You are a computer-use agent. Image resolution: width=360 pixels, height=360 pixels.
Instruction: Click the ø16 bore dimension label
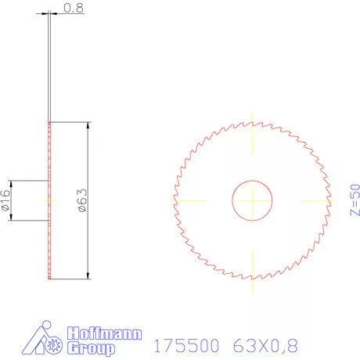tap(5, 200)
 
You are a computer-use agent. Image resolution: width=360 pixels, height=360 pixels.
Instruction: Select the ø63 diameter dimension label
tap(81, 200)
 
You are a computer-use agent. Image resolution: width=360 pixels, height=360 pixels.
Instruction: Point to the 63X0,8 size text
tap(265, 345)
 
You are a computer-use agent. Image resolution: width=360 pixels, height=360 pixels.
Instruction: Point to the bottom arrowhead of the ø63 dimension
tap(87, 273)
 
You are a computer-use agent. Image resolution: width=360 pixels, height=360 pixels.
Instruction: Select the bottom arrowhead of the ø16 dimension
tap(13, 217)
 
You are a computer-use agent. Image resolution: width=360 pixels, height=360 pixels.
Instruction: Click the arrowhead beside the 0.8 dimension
tap(54, 13)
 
